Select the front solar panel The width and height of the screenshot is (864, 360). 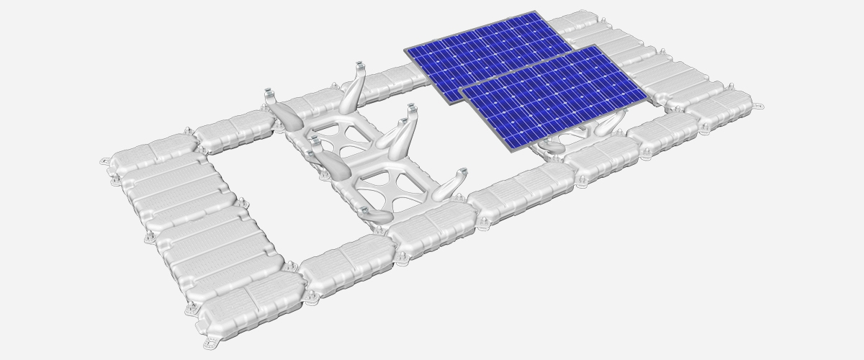[x=554, y=97]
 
